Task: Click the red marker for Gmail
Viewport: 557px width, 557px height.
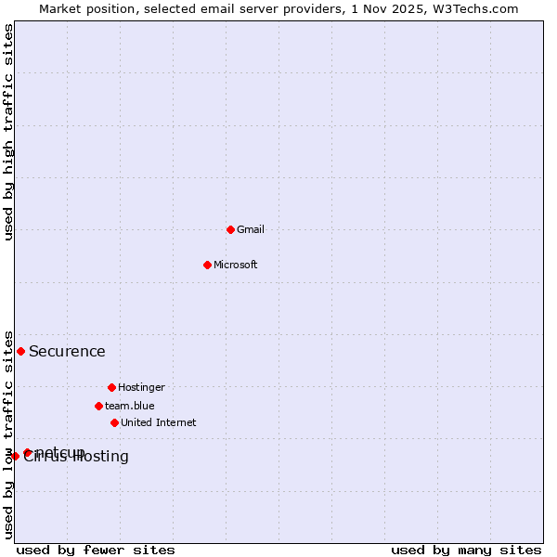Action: coord(230,229)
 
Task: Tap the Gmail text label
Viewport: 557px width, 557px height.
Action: coord(251,230)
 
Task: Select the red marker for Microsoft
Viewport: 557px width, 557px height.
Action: coord(208,265)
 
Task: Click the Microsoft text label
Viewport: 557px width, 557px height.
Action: coord(236,266)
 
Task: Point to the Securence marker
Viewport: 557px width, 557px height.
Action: coord(20,351)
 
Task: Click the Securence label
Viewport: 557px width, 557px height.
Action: coord(67,352)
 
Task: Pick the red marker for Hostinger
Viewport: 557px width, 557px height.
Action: coord(111,387)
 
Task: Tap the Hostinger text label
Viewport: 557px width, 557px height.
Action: coord(141,388)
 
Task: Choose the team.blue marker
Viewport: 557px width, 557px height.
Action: coord(98,406)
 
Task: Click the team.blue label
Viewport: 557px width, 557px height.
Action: coord(130,407)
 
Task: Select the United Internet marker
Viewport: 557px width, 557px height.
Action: coord(114,422)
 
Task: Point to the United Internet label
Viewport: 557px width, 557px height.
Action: coord(158,423)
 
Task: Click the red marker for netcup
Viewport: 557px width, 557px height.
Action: coord(28,453)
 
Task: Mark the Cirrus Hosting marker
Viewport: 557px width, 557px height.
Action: coord(15,456)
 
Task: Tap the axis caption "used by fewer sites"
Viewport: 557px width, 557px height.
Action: coord(96,550)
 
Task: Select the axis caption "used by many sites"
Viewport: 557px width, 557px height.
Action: coord(466,550)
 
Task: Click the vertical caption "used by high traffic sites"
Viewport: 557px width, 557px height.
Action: coord(8,132)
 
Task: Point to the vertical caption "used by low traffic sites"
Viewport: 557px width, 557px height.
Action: coord(8,434)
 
